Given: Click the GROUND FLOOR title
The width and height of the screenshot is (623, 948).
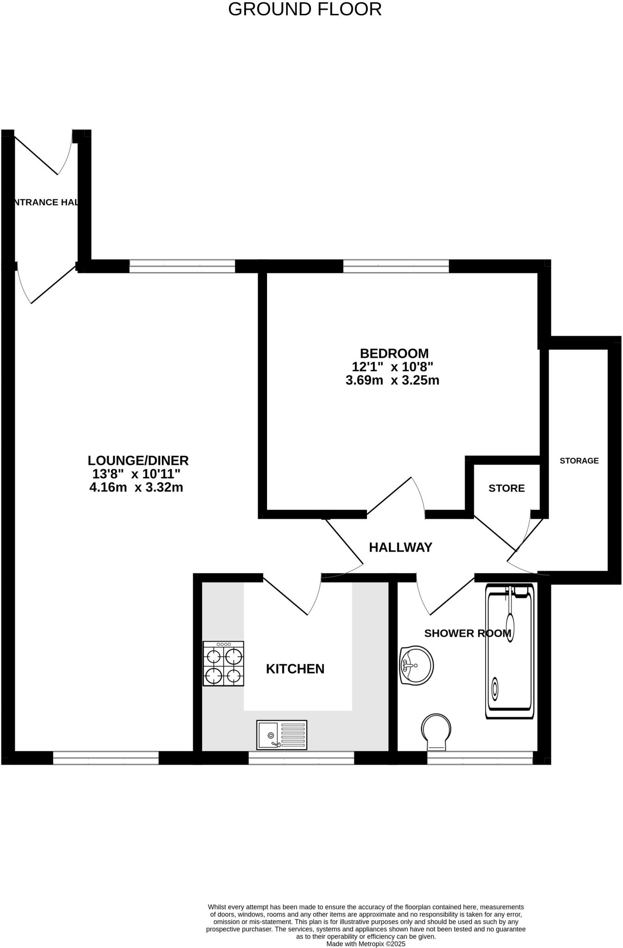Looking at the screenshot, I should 305,9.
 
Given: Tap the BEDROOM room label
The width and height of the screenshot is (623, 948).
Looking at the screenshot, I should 394,353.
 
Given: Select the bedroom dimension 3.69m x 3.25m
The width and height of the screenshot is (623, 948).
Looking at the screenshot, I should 392,380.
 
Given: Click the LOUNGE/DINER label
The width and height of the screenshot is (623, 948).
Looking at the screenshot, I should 138,461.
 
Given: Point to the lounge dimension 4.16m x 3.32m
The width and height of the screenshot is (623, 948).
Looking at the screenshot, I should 136,487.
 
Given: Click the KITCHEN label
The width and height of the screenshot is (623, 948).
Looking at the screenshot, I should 295,669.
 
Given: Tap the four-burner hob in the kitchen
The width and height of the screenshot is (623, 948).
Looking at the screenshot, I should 224,664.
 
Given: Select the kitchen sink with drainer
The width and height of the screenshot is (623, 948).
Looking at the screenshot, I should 281,735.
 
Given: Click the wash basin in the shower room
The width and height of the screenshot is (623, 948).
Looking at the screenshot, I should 416,665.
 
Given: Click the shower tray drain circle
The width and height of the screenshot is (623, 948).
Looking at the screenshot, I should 495,689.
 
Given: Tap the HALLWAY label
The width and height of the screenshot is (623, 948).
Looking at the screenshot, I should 400,548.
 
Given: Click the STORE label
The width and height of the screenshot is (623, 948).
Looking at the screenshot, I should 506,488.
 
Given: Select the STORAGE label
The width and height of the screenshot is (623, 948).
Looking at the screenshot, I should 579,461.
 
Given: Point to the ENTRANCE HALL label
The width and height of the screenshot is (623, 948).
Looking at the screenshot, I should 44,202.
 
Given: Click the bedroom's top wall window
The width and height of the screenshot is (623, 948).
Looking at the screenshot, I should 396,266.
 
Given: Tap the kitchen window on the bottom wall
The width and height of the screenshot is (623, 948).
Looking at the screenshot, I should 301,758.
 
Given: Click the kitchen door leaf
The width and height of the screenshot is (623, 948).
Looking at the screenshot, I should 285,595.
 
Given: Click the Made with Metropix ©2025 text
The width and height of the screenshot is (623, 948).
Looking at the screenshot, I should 366,943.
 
